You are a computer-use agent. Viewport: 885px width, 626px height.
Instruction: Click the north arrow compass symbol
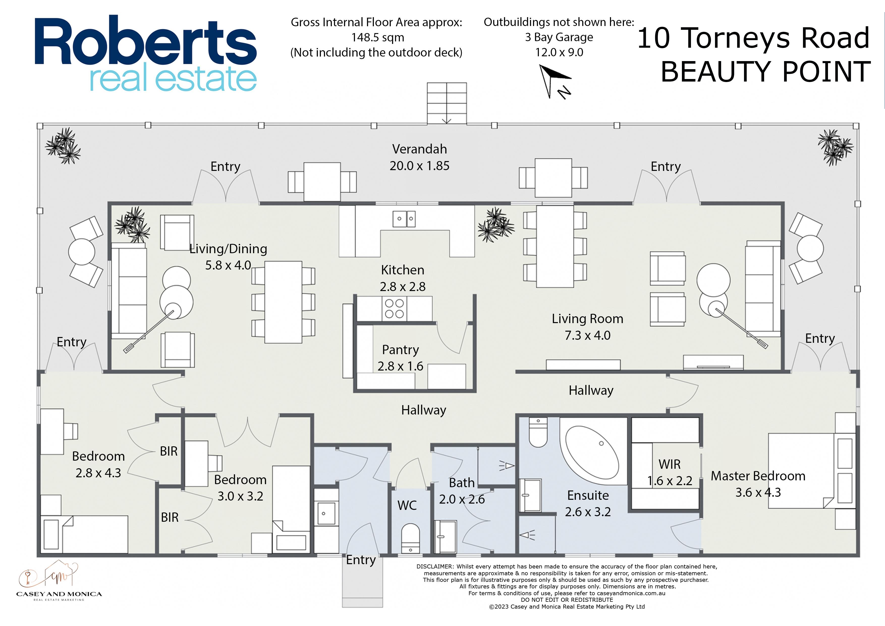tap(555, 81)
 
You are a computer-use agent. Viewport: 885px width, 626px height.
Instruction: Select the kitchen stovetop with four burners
tap(394, 308)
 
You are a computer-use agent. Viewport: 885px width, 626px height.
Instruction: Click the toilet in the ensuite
tap(538, 432)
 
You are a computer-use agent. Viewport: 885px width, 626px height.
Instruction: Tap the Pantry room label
tap(400, 349)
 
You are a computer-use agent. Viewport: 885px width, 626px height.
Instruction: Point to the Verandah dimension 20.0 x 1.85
tap(419, 166)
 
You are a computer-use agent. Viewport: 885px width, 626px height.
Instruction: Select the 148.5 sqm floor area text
tap(378, 37)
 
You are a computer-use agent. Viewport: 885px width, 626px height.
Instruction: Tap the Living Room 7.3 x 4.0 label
tap(587, 327)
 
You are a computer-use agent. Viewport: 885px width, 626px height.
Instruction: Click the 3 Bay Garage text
tap(559, 37)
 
